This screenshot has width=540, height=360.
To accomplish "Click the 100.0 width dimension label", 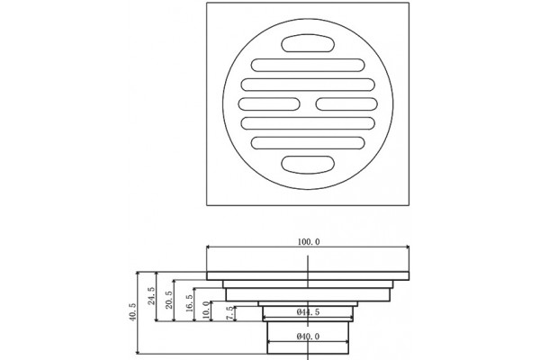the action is (308, 242).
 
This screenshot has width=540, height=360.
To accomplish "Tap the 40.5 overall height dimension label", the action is (133, 311).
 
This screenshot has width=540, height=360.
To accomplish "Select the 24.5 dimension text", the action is (151, 295).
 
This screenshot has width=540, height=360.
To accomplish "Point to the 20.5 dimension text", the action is (169, 300).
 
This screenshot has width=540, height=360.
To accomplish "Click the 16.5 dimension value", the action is (189, 303).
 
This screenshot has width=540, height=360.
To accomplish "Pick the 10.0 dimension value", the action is (206, 310).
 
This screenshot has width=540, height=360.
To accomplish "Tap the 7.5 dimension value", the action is (229, 313).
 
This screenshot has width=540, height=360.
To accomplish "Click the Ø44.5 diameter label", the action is (308, 312).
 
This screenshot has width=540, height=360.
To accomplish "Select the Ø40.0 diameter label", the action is (308, 337).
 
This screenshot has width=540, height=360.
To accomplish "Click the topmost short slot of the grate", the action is (308, 43).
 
